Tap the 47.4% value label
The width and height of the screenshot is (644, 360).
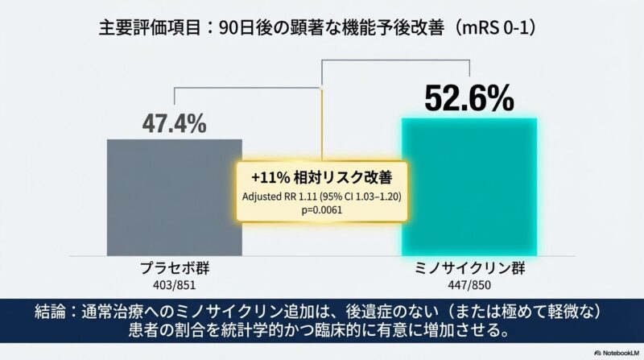pyautogui.click(x=174, y=124)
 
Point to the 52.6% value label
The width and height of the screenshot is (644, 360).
pyautogui.click(x=469, y=98)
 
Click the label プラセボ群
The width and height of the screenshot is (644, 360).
pyautogui.click(x=174, y=268)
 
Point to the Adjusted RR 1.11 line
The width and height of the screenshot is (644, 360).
pyautogui.click(x=321, y=197)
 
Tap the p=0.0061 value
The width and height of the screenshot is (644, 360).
pyautogui.click(x=321, y=209)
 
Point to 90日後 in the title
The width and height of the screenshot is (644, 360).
pyautogui.click(x=246, y=29)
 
